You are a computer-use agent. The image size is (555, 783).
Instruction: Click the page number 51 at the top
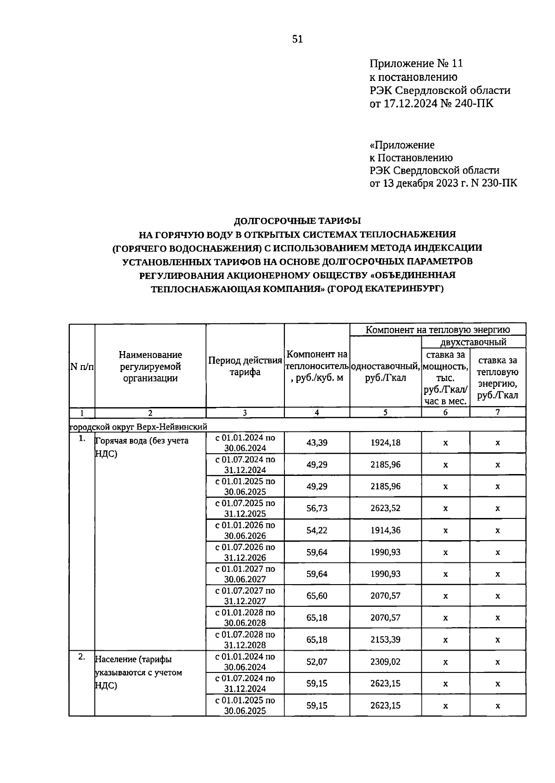pos(297,39)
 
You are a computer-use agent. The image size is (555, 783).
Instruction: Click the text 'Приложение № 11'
pos(416,63)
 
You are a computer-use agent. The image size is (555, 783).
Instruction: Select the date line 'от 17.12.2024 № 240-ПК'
pos(432,103)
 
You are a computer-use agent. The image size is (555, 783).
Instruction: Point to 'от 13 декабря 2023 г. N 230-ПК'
pos(443,183)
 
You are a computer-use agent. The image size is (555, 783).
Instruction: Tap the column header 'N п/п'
pos(82,367)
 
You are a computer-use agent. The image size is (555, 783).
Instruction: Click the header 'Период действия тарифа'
pos(245,366)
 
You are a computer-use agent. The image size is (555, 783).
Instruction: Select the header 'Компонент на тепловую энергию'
pos(438,330)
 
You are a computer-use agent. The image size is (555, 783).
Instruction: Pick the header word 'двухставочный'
pos(473,342)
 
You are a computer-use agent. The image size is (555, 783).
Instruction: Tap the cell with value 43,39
pos(317,443)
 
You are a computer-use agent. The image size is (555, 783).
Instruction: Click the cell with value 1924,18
pos(385,443)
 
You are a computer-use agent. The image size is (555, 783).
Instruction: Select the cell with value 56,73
pos(317,508)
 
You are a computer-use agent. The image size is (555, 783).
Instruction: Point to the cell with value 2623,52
pos(385,508)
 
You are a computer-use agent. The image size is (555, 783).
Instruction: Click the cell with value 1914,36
pos(385,530)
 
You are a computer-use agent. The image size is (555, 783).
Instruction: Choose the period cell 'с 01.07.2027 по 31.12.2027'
pos(245,596)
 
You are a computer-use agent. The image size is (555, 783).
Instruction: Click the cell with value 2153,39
pos(385,640)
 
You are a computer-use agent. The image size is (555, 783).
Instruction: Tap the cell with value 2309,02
pos(385,662)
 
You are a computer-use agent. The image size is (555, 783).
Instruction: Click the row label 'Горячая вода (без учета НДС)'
pos(142,447)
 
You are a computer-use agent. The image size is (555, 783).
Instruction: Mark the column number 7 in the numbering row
pos(498,413)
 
